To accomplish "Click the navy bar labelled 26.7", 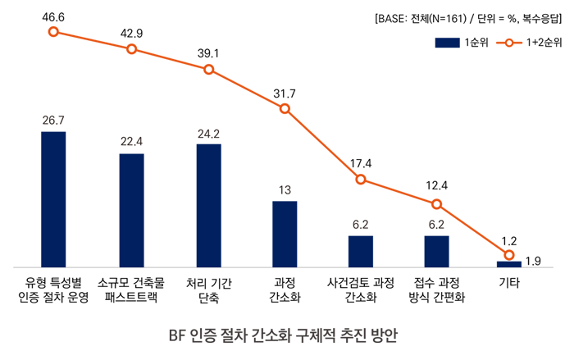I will pyautogui.click(x=53, y=199).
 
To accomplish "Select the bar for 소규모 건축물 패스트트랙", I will pyautogui.click(x=131, y=210).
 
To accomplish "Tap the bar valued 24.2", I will pyautogui.click(x=208, y=205).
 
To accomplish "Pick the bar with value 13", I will pyautogui.click(x=285, y=234).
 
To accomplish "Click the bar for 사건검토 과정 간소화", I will pyautogui.click(x=361, y=251).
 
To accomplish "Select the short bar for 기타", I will pyautogui.click(x=509, y=264).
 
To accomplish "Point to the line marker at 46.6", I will pyautogui.click(x=53, y=32).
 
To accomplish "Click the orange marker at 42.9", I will pyautogui.click(x=131, y=49).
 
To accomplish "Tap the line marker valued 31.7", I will pyautogui.click(x=285, y=108).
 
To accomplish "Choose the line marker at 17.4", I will pyautogui.click(x=361, y=179).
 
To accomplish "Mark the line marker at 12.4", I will pyautogui.click(x=436, y=204).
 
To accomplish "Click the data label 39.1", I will pyautogui.click(x=208, y=52).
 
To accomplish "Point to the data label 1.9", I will pyautogui.click(x=533, y=262).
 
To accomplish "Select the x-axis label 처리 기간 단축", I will pyautogui.click(x=208, y=290).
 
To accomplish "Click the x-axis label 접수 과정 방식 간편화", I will pyautogui.click(x=436, y=290).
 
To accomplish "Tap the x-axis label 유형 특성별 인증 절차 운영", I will pyautogui.click(x=53, y=290).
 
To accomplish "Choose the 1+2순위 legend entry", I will pyautogui.click(x=526, y=43).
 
